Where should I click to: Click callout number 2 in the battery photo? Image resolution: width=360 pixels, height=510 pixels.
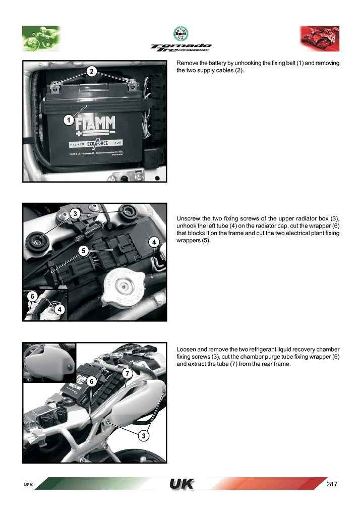tap(91, 72)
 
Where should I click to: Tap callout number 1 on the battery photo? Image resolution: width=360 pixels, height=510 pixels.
tap(67, 120)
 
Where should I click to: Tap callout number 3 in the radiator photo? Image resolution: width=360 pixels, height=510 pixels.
tap(75, 214)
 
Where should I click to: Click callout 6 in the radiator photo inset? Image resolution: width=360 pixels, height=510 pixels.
tap(31, 297)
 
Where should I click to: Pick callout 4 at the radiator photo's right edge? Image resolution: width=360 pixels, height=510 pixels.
tap(155, 243)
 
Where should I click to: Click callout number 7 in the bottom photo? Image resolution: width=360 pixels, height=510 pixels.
tap(127, 373)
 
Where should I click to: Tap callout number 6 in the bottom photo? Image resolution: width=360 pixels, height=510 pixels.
tap(91, 382)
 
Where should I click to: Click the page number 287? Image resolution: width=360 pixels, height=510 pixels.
tap(331, 484)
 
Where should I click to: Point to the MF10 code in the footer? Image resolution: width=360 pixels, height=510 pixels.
tap(28, 484)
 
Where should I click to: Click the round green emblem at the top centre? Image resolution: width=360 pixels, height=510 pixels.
tap(181, 34)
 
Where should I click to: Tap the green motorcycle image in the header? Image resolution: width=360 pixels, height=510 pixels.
tap(41, 38)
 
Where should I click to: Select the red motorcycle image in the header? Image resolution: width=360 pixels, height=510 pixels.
tap(320, 38)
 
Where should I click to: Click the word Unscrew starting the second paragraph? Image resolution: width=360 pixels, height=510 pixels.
tap(187, 219)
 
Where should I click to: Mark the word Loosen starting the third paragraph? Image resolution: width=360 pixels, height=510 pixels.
tap(186, 349)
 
